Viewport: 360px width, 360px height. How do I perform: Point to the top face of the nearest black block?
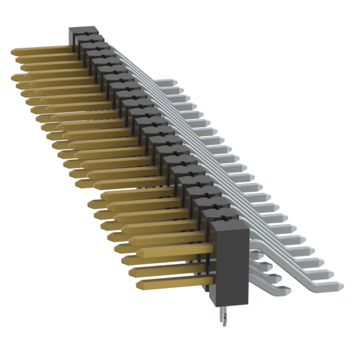[228, 224]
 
